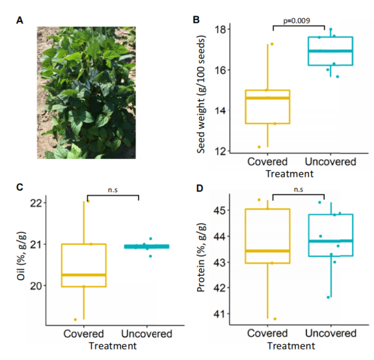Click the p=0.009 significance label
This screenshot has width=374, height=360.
[297, 21]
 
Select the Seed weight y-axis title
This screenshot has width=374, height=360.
[201, 95]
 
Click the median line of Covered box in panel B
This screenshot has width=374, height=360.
[268, 98]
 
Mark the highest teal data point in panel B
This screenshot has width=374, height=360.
[330, 29]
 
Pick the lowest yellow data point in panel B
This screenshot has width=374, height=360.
[259, 147]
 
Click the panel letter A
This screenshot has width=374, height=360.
[19, 21]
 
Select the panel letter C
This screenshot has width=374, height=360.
[19, 187]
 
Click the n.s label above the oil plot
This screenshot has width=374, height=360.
[113, 190]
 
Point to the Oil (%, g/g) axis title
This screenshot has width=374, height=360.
[21, 256]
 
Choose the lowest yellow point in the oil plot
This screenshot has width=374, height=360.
[75, 319]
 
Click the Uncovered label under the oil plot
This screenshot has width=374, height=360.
[147, 334]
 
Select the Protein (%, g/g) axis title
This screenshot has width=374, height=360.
[201, 258]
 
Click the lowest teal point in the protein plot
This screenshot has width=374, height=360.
[328, 297]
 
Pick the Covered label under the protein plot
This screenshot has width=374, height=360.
[268, 333]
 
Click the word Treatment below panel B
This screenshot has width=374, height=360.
[290, 174]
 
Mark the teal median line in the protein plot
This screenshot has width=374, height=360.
[331, 241]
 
